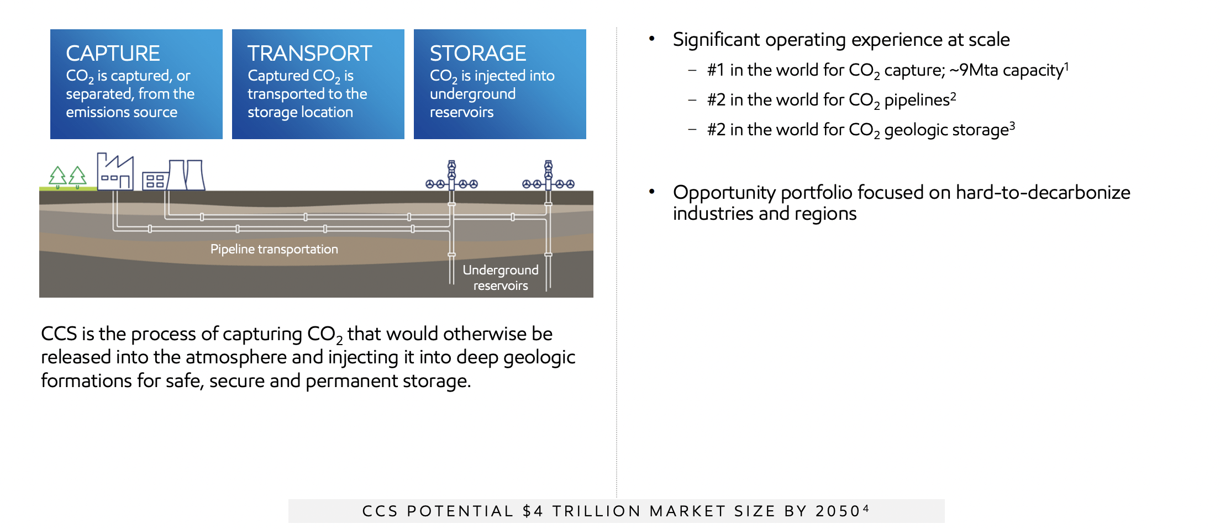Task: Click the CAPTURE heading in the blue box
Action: [x=113, y=54]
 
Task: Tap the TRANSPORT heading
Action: [x=309, y=54]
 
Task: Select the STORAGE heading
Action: [x=477, y=54]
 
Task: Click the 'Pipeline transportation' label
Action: [x=274, y=249]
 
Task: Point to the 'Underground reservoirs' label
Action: [x=501, y=278]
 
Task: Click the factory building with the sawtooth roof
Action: [x=115, y=172]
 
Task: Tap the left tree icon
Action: [x=57, y=177]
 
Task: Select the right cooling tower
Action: [x=195, y=175]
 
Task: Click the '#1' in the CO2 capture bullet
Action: [x=716, y=70]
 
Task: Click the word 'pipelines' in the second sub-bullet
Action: [x=917, y=100]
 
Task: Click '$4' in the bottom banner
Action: [x=533, y=511]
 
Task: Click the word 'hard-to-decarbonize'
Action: [x=1043, y=193]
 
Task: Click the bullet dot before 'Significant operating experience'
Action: [x=652, y=39]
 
